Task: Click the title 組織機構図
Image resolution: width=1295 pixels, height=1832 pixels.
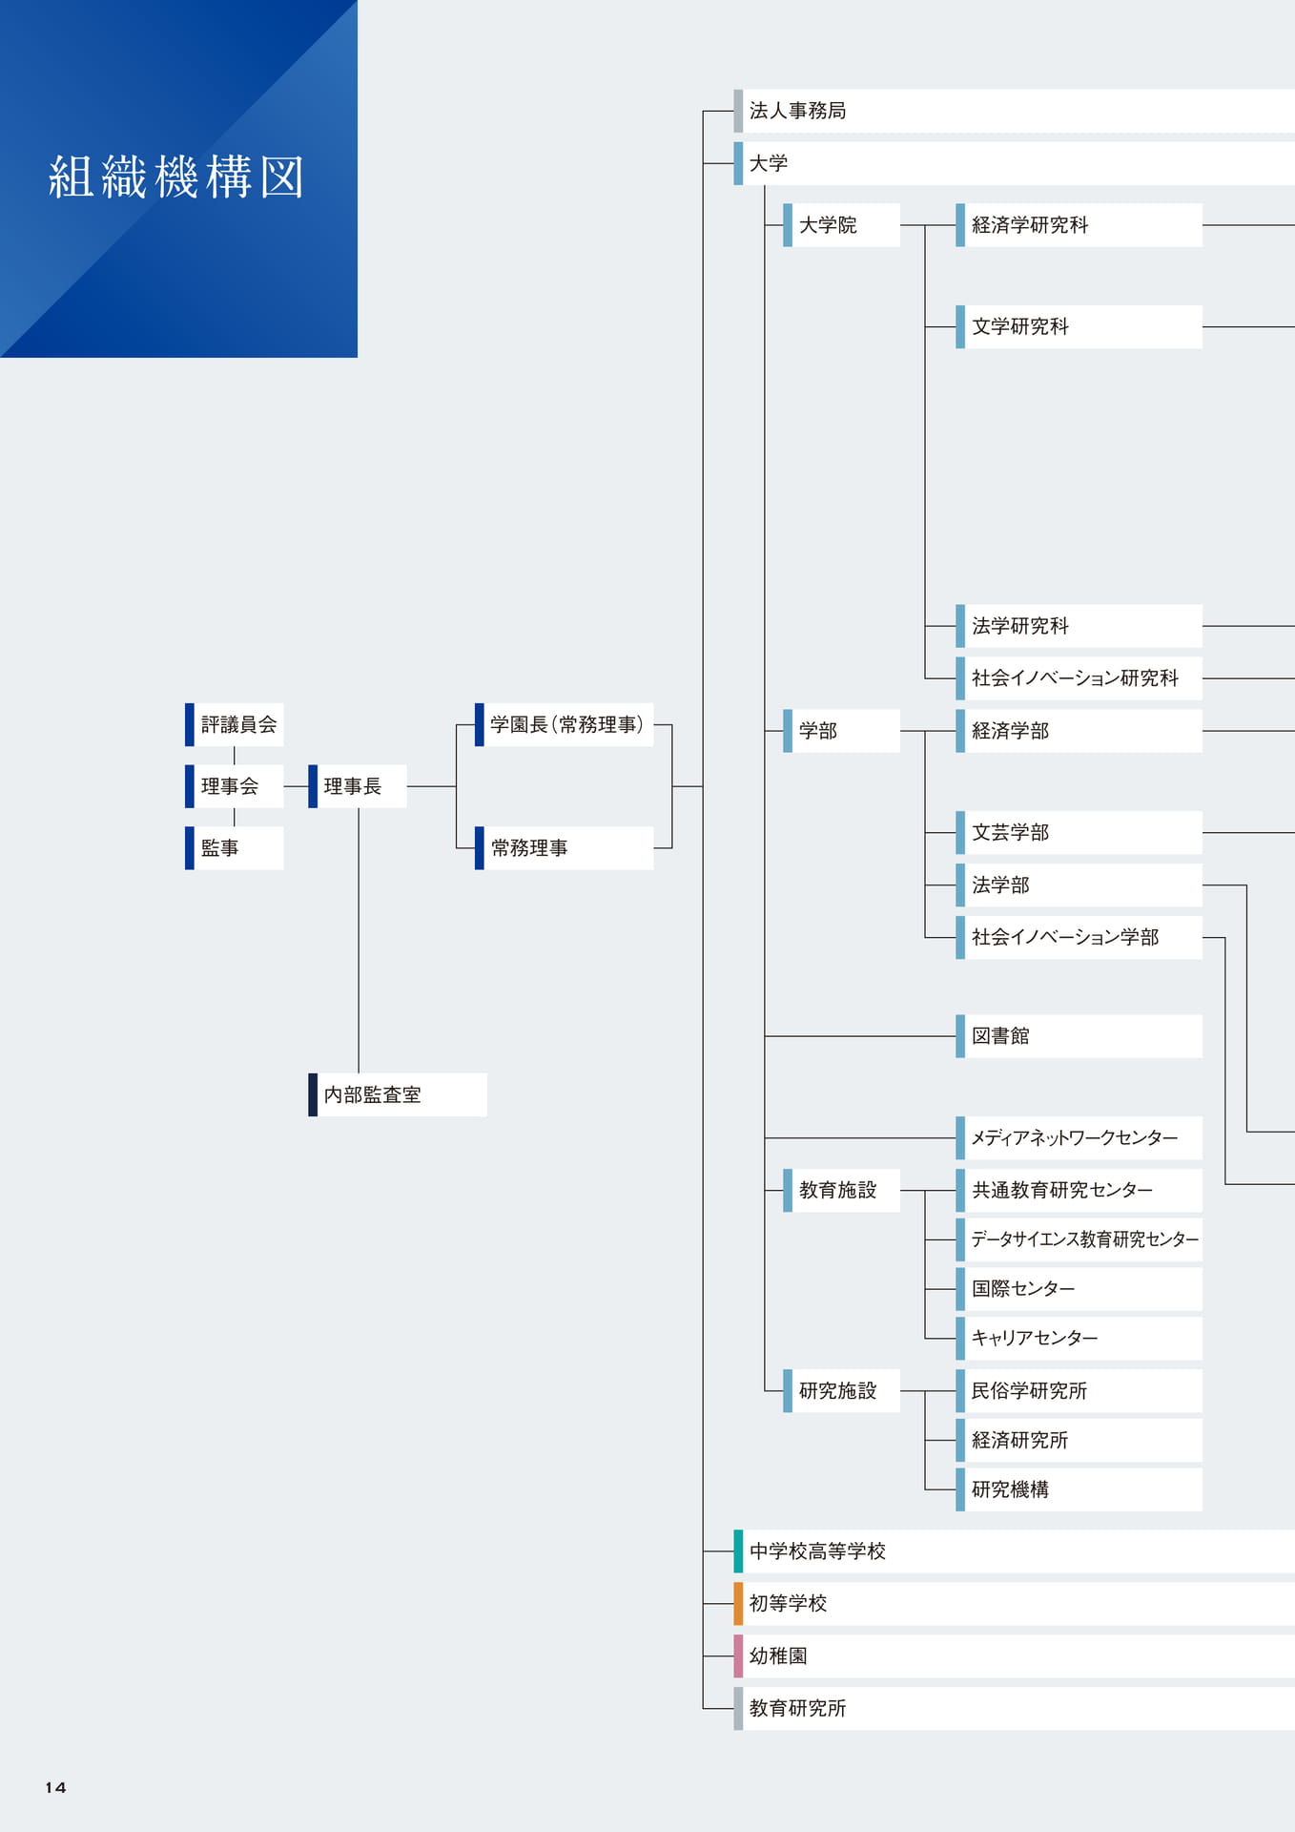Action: click(176, 177)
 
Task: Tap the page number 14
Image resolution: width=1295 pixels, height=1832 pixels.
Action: click(55, 1787)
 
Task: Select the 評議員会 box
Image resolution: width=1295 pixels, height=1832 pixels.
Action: click(235, 724)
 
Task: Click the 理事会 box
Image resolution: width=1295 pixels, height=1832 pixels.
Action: click(235, 786)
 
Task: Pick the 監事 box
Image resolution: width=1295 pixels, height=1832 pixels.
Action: click(235, 847)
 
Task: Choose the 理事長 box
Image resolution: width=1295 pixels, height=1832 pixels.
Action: click(358, 786)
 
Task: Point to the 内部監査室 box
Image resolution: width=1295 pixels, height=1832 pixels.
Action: click(398, 1094)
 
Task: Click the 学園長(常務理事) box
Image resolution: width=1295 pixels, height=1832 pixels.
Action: click(565, 724)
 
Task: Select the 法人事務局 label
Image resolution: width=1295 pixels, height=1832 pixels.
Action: click(797, 111)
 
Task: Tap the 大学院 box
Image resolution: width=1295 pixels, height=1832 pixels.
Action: click(841, 225)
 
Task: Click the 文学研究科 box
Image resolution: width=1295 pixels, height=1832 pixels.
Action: click(1079, 326)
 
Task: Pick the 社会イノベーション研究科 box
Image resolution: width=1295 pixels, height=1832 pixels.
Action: click(1079, 677)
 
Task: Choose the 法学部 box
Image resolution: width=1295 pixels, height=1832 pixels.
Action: click(1079, 885)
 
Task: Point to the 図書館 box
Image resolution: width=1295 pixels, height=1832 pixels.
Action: click(1079, 1035)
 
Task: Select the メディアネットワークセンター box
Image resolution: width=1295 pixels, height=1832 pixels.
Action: click(1079, 1137)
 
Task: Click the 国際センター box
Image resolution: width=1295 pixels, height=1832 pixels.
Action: click(1079, 1288)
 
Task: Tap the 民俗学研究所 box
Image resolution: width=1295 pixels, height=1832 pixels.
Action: click(1079, 1390)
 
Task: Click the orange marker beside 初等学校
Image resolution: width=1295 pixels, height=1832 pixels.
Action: click(738, 1603)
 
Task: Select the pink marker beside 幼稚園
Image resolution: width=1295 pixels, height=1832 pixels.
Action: click(738, 1655)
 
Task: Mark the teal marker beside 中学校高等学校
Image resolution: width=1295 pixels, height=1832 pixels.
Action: click(738, 1551)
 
